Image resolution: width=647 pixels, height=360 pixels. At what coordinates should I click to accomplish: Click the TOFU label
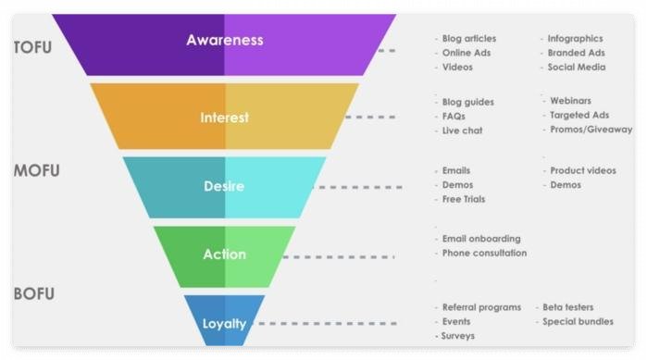[33, 47]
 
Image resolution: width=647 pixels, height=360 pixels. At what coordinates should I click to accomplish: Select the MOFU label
[37, 170]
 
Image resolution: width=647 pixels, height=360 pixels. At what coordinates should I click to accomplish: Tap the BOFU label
[34, 293]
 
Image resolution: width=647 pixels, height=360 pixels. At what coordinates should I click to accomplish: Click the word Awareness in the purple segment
[225, 40]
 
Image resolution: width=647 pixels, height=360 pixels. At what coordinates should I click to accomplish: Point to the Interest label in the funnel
[225, 118]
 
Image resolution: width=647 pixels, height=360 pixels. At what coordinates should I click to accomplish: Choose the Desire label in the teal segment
[224, 186]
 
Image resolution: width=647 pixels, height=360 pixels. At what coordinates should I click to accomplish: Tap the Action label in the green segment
[225, 254]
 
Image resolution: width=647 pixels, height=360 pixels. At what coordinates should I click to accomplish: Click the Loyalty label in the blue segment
[224, 324]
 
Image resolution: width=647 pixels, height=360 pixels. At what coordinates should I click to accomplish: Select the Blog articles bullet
[469, 38]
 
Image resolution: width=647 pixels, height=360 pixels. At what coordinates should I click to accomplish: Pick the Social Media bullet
[577, 68]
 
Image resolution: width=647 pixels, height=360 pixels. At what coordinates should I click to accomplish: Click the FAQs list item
[454, 117]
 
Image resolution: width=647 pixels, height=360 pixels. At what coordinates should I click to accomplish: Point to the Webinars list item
[570, 101]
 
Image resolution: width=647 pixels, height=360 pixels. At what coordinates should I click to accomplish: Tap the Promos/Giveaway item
[591, 130]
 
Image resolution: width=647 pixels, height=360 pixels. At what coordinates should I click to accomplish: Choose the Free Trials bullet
[464, 199]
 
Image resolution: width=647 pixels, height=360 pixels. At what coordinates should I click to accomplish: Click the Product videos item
[583, 170]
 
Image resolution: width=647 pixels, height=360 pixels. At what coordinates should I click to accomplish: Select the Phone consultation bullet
[484, 253]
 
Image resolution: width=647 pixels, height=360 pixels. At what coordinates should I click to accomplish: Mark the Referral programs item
[481, 307]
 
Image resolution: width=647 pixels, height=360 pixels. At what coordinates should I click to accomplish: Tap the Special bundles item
[578, 322]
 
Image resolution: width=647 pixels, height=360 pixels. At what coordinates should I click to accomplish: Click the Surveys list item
[457, 336]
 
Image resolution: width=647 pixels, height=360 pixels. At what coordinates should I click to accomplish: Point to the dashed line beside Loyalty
[328, 324]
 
